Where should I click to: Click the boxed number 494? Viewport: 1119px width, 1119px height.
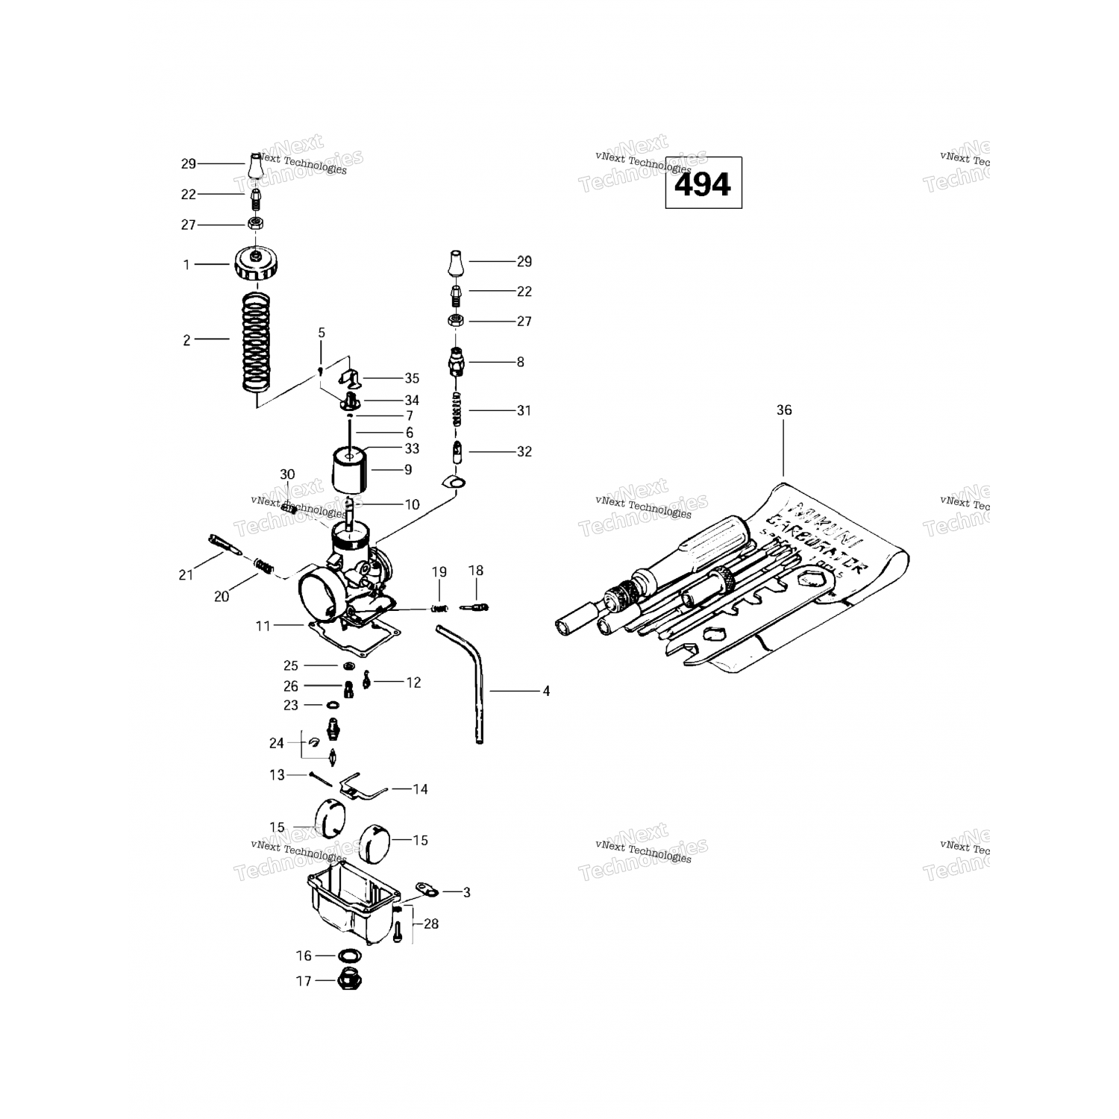pos(703,184)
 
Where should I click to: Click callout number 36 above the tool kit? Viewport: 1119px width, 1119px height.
pos(783,410)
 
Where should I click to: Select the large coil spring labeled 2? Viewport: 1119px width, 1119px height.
pos(256,342)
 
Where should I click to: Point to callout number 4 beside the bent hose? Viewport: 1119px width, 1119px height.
pos(546,692)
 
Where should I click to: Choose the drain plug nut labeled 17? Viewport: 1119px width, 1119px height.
pos(348,979)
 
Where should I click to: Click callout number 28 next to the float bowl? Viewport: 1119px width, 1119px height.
pos(431,924)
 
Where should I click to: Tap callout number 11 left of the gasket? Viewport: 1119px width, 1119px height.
pos(263,626)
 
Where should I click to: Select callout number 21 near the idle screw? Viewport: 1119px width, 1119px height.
pos(186,574)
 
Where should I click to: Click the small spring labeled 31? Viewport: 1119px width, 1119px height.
pos(458,410)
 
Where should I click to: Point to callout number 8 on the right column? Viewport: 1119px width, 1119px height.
pos(520,362)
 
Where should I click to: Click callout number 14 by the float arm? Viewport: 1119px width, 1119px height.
pos(420,789)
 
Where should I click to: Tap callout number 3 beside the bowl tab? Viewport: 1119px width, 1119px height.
pos(466,891)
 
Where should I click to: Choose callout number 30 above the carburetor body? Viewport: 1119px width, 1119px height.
pos(287,474)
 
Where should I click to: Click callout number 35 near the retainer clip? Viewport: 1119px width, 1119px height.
pos(412,378)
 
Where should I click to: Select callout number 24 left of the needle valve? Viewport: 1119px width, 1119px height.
pos(277,743)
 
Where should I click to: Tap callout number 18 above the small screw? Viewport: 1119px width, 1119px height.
pos(475,571)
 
